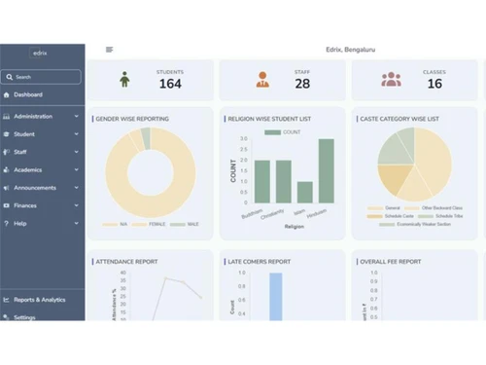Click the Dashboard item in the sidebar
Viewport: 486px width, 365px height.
(28, 94)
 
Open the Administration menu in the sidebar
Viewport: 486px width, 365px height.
(33, 116)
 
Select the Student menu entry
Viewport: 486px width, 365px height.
(24, 134)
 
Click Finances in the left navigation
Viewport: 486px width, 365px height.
(25, 205)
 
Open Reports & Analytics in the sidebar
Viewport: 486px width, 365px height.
(40, 300)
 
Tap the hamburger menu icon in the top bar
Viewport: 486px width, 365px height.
(109, 49)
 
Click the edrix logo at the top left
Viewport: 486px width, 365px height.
(38, 52)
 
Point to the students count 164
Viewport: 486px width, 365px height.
(170, 84)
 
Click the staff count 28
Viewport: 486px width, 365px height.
(302, 84)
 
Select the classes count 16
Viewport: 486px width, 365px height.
(434, 84)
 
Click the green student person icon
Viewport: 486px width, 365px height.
(124, 79)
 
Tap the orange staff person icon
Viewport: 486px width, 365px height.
(261, 79)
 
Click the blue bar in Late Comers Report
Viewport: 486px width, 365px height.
(275, 296)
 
